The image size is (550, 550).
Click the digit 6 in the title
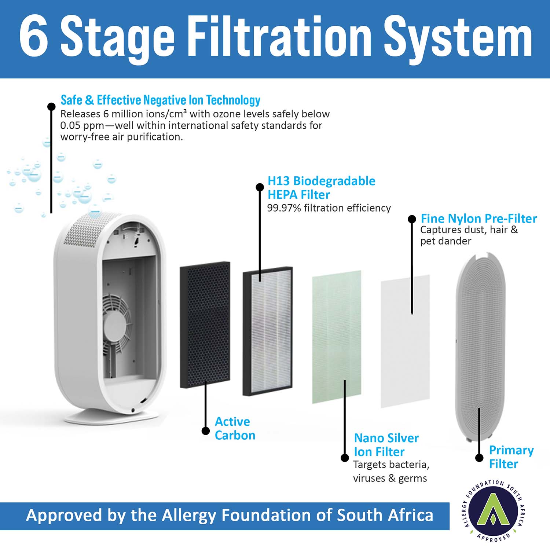pyautogui.click(x=33, y=36)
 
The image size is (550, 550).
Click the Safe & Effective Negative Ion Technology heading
pyautogui.click(x=160, y=100)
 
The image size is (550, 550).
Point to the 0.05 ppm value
pyautogui.click(x=82, y=126)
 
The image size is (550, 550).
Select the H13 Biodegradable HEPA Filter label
pyautogui.click(x=321, y=187)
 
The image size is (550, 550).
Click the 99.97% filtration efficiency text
pyautogui.click(x=329, y=208)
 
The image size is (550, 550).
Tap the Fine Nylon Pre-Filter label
pyautogui.click(x=478, y=219)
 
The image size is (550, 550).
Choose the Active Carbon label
pyautogui.click(x=235, y=428)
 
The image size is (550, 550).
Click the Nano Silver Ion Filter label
pyautogui.click(x=386, y=445)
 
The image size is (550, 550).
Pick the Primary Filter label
pyautogui.click(x=511, y=457)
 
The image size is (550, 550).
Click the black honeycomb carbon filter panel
pyautogui.click(x=205, y=325)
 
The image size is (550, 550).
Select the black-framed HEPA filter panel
pyautogui.click(x=268, y=331)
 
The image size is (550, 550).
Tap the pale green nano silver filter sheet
pyautogui.click(x=337, y=337)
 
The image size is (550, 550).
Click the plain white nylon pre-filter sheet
pyautogui.click(x=405, y=341)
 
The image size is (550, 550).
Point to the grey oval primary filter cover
pyautogui.click(x=480, y=347)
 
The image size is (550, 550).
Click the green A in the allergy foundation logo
pyautogui.click(x=493, y=510)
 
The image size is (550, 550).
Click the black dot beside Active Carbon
pyautogui.click(x=206, y=431)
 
